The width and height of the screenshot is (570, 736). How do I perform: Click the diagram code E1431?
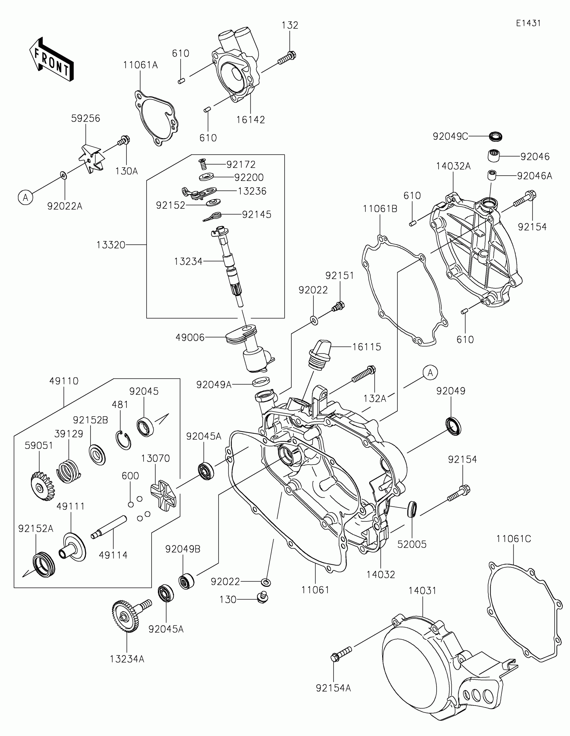coord(528,23)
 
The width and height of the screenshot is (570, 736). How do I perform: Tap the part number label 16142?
coord(250,120)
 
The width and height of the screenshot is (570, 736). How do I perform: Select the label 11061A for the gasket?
coord(140,65)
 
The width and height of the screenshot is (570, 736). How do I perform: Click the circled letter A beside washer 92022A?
coord(25,197)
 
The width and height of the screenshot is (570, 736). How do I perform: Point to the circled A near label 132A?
coord(431,373)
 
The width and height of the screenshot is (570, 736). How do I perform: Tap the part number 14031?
coord(422,591)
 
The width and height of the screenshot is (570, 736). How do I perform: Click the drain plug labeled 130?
coord(262,598)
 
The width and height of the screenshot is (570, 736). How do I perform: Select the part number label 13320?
coord(111,245)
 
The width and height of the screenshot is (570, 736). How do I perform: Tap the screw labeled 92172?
coord(202,165)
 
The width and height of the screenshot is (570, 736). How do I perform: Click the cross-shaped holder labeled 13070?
coord(163,495)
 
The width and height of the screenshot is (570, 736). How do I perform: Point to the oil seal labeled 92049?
coord(453,426)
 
